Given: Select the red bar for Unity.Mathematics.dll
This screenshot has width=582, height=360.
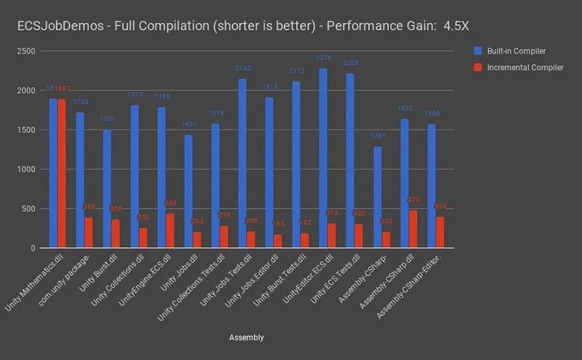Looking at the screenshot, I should point(62,174).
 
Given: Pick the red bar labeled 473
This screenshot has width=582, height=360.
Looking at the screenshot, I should point(413,229).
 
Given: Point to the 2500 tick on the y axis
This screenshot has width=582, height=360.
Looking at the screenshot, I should point(28,51).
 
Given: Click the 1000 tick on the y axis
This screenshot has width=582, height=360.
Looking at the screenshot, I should point(28,169).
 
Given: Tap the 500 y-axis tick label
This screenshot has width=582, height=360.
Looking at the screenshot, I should point(31,209).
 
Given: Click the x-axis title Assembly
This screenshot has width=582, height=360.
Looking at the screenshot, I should point(246,337).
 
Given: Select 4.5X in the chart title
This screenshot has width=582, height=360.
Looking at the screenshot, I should point(454,25).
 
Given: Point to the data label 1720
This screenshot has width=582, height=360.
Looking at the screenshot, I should point(81,102).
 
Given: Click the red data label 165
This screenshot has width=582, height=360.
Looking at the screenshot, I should point(277,225).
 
